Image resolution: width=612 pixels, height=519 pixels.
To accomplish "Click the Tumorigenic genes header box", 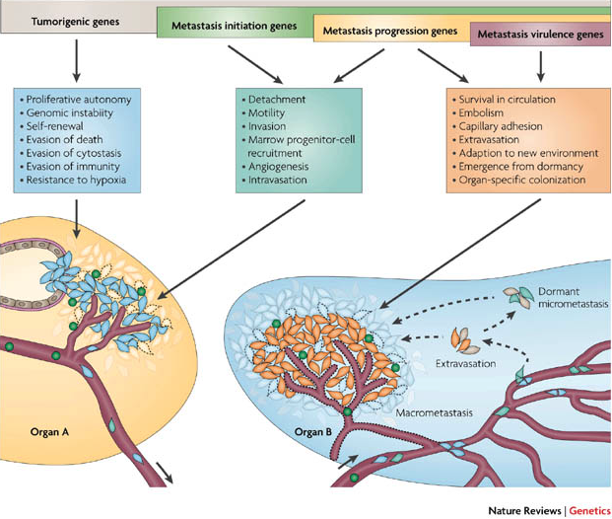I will (74, 19).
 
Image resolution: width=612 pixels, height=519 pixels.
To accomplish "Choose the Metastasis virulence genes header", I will (539, 37).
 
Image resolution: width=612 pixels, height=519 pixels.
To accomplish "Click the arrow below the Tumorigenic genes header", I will (74, 63).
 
